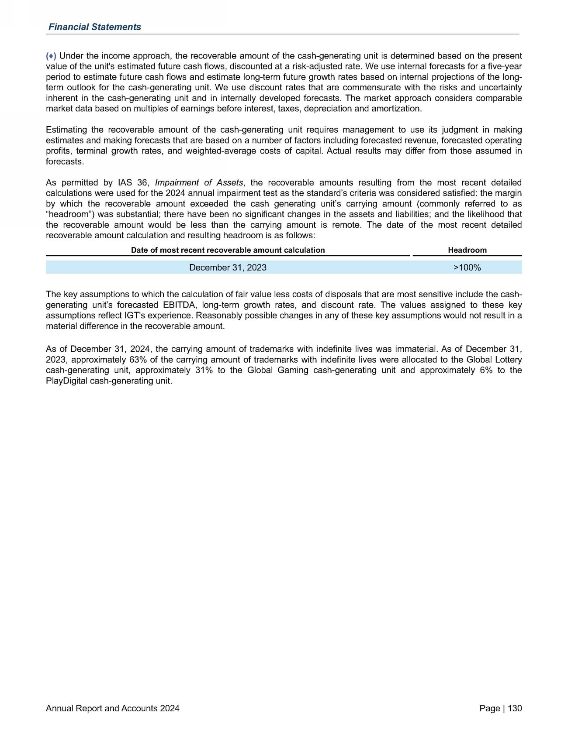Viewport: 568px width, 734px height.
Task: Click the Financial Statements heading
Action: (x=94, y=27)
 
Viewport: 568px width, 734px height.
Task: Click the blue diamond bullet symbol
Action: (x=51, y=56)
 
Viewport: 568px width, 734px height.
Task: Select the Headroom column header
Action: (x=467, y=250)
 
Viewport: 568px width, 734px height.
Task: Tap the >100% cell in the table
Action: (x=467, y=268)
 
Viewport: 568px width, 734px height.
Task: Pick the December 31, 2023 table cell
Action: (x=228, y=268)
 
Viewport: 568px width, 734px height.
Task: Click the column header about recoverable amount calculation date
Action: (x=228, y=250)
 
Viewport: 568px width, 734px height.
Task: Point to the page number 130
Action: (x=515, y=708)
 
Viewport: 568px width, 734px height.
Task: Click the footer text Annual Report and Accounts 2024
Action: (x=112, y=708)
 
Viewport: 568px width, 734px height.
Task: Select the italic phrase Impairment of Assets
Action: (x=199, y=182)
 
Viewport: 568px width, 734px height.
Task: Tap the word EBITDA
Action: (x=179, y=305)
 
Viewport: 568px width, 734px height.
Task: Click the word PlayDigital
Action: (x=66, y=381)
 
